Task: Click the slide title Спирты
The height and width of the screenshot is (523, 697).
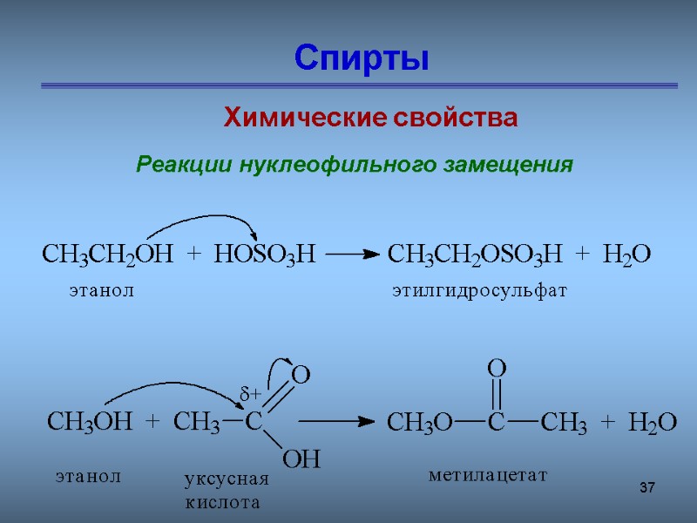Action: point(362,58)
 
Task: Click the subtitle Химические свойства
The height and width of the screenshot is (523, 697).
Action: point(371,118)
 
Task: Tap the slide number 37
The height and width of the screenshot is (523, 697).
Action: point(646,486)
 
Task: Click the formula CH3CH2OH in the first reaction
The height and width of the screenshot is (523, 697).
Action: point(107,255)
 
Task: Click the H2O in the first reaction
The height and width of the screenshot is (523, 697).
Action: point(626,255)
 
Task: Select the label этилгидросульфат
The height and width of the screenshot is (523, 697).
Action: point(479,291)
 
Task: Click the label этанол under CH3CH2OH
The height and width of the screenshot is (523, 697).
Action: point(102,291)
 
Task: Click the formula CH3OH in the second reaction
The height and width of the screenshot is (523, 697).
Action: point(89,423)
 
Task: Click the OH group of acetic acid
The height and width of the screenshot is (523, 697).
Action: point(302,458)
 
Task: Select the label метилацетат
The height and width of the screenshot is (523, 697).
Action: point(487,475)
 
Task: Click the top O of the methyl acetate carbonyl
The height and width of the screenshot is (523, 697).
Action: point(496,369)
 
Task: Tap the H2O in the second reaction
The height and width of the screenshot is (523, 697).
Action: point(653,423)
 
